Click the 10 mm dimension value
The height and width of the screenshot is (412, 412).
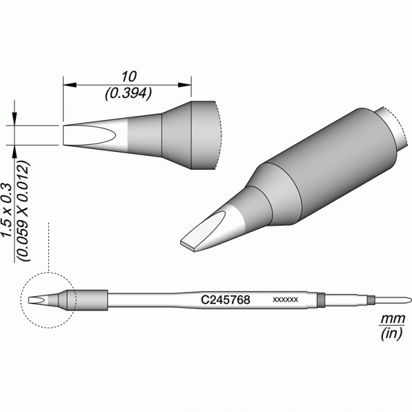(x=128, y=76)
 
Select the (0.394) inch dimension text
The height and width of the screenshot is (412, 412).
(x=128, y=93)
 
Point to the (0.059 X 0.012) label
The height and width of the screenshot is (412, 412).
(x=24, y=211)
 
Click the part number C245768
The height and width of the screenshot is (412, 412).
(x=225, y=300)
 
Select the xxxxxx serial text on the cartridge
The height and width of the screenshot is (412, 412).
(x=285, y=299)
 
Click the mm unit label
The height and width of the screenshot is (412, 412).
(x=393, y=319)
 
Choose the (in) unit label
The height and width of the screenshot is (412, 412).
(x=391, y=333)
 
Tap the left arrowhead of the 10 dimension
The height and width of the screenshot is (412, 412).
(x=70, y=85)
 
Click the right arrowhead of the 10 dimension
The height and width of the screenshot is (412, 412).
(x=184, y=85)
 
